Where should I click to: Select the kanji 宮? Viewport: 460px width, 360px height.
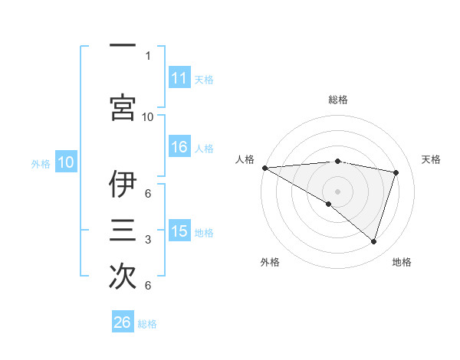coord(123,108)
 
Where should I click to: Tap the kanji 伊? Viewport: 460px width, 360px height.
coord(123,184)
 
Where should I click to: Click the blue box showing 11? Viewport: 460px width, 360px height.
coord(179,78)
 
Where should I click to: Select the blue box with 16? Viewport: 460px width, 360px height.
coord(179,148)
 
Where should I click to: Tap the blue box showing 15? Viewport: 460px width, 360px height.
coord(179,231)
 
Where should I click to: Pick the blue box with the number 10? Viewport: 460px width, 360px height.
coord(66,162)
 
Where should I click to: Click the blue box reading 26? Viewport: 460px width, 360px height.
coord(123,322)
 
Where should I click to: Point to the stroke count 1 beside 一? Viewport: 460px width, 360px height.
coord(148,55)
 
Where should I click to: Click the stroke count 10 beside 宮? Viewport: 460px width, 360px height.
coord(148,116)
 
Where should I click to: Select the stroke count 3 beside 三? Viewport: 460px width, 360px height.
coord(148,241)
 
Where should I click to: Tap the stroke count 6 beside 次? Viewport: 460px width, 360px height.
coord(148,286)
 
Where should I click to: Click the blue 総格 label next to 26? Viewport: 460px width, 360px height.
coord(147,324)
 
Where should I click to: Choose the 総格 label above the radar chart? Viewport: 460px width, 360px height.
coord(337,100)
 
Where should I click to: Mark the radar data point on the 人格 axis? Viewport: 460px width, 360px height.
coord(264,168)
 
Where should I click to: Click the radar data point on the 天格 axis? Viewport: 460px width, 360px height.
coord(396,172)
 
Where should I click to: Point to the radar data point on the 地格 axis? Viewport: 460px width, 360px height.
coord(373,241)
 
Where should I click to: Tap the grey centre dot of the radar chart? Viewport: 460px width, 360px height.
coord(337,191)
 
